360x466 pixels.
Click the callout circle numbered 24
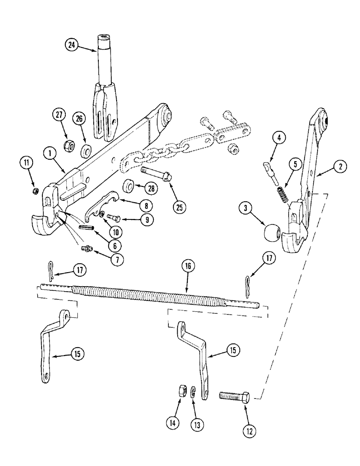[72, 46]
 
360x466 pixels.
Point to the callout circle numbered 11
[27, 163]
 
